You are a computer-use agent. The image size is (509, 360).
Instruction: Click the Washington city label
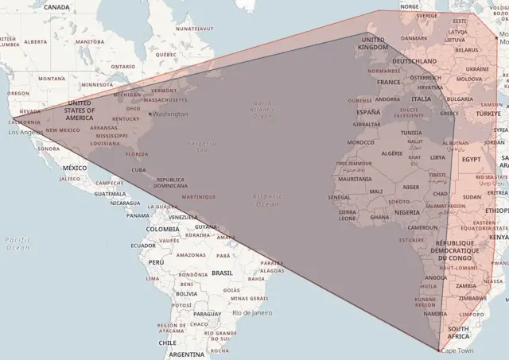171,114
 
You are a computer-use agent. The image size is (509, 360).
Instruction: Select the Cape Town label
457,350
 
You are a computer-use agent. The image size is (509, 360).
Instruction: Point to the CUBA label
138,169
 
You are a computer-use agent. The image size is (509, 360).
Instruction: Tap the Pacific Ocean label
17,243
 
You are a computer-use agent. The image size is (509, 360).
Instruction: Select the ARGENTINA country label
186,354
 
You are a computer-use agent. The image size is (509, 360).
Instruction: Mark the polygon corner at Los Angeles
11,121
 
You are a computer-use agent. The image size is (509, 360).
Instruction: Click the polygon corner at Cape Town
438,350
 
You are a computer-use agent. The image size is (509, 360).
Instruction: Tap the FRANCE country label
390,82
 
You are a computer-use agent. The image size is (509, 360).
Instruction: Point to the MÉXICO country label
74,168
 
